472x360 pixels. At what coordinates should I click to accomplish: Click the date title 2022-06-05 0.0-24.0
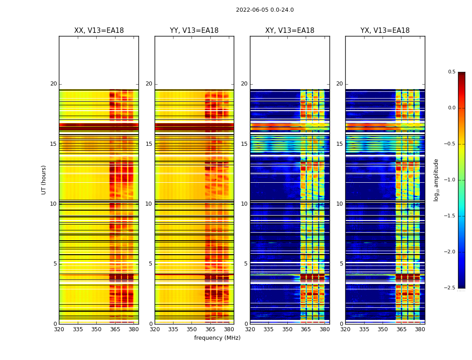coord(265,10)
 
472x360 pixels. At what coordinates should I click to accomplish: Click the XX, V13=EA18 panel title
coord(99,31)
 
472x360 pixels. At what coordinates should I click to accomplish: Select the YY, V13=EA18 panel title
coord(194,31)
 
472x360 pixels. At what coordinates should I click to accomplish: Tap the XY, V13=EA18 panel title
coord(289,31)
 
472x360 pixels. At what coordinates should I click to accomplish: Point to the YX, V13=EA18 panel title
coord(385,31)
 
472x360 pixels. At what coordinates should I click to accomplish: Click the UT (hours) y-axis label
coord(44,180)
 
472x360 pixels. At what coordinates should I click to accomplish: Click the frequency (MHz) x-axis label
coord(217,338)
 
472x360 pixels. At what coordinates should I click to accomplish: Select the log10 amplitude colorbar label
coord(436,180)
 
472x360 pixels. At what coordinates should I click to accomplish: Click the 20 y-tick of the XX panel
coord(53,84)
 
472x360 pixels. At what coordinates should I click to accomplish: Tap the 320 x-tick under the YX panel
coord(345,329)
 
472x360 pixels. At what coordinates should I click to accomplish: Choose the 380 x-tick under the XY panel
coord(325,329)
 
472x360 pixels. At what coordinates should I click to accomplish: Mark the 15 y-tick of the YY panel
coord(149,144)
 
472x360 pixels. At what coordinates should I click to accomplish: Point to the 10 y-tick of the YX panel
coord(339,204)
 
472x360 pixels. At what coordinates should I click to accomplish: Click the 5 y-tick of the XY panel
coord(246,264)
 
